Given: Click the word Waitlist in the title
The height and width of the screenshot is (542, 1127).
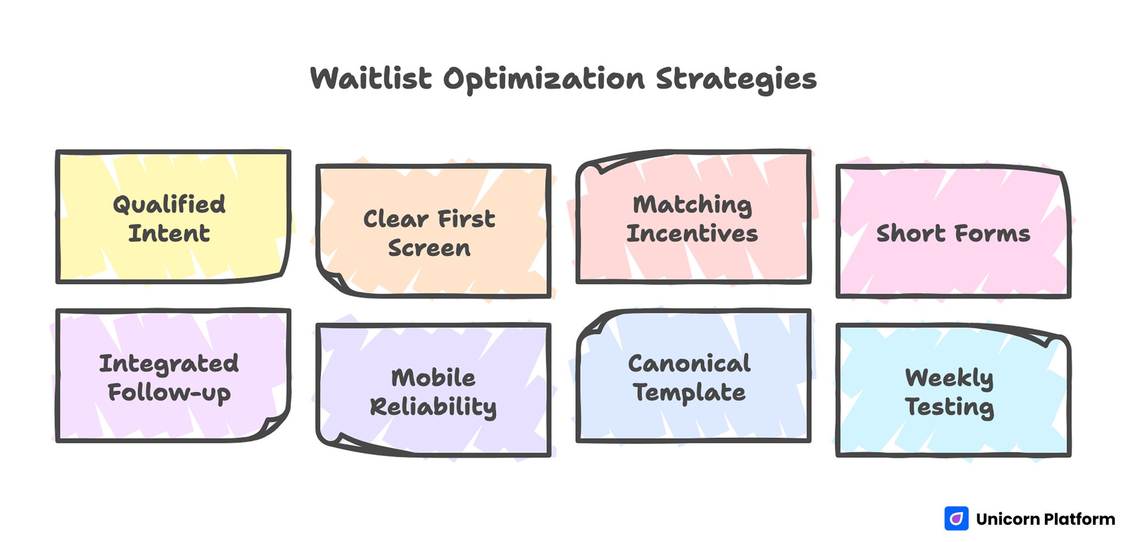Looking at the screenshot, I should tap(371, 79).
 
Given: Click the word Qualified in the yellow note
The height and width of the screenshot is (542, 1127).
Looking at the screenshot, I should tap(169, 205).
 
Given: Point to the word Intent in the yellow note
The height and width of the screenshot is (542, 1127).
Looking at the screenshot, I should tap(169, 233).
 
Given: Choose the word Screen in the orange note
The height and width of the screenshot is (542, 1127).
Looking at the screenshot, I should tap(429, 248).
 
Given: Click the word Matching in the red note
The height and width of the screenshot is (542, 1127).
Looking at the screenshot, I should tap(692, 205).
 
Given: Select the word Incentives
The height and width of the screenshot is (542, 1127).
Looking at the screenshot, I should tap(692, 234).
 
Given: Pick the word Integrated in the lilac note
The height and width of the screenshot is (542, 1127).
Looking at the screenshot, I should tap(169, 364).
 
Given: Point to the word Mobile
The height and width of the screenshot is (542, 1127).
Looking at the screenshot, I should tap(433, 378).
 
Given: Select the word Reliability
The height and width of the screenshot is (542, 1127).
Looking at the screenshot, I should tap(433, 407).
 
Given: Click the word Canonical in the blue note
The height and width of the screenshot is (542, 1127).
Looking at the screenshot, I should tap(690, 364).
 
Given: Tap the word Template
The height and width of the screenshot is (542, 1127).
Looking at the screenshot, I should tap(690, 393).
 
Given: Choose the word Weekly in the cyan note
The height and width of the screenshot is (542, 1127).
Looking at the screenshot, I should tap(949, 378).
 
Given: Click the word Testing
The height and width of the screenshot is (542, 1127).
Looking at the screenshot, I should tap(949, 407).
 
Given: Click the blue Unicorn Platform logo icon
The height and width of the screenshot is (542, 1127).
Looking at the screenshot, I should tap(956, 518).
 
